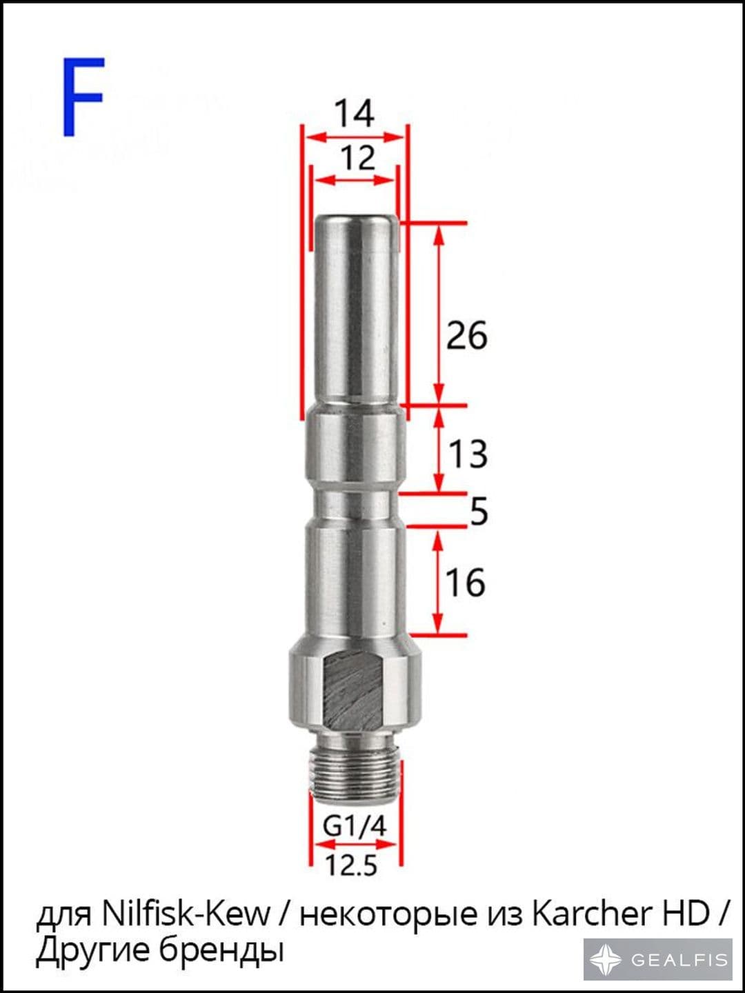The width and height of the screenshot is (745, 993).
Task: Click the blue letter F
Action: click(x=83, y=97)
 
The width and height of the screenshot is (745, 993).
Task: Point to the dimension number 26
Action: click(x=467, y=335)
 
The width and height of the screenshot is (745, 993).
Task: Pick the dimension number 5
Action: click(x=479, y=511)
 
